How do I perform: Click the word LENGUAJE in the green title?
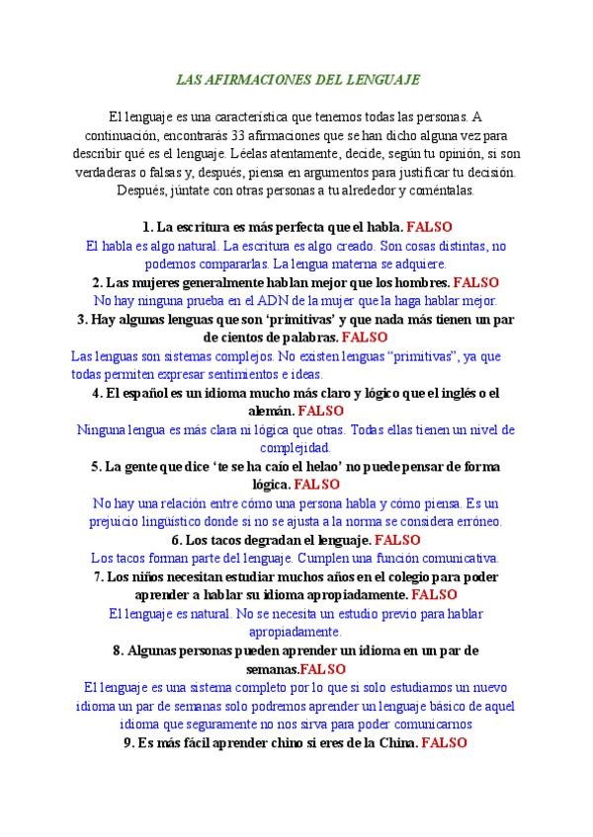click(x=388, y=78)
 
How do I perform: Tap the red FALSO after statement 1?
click(x=430, y=227)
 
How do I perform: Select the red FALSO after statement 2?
click(x=477, y=281)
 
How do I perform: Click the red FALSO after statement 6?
click(x=398, y=540)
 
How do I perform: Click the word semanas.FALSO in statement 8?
click(x=296, y=669)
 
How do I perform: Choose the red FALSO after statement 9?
click(x=444, y=743)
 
